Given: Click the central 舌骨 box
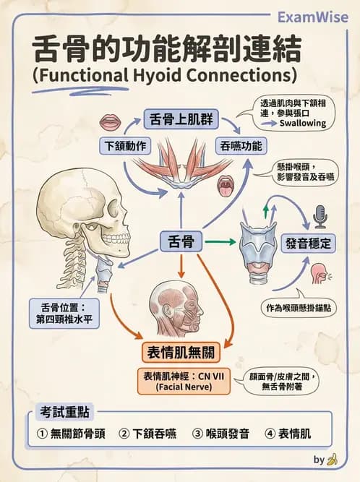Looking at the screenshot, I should point(181,242).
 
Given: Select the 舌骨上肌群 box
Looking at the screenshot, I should point(181,118).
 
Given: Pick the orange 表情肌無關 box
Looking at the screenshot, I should point(181,353).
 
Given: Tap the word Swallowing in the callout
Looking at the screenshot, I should point(302,124).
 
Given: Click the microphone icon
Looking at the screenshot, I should point(320,215).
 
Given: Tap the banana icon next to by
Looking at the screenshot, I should point(333,459).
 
